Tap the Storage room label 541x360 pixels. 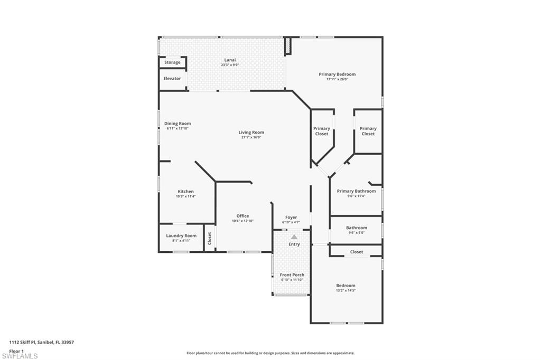[x=172, y=62]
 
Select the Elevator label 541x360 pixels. [x=172, y=79]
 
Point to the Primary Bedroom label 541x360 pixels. [x=337, y=74]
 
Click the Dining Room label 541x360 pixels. [x=178, y=124]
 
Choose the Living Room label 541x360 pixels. [x=251, y=132]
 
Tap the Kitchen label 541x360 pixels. [x=185, y=192]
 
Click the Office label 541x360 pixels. [x=242, y=216]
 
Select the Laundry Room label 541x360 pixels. [x=181, y=236]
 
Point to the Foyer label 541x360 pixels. [x=291, y=217]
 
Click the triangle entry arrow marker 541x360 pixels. [x=294, y=237]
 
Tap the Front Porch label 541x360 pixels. [x=292, y=275]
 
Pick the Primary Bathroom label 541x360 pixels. [x=356, y=191]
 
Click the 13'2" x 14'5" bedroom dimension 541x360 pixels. [x=346, y=291]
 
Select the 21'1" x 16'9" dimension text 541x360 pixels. [x=251, y=137]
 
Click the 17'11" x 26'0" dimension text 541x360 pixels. [x=337, y=80]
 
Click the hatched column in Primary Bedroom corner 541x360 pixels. [x=288, y=46]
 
